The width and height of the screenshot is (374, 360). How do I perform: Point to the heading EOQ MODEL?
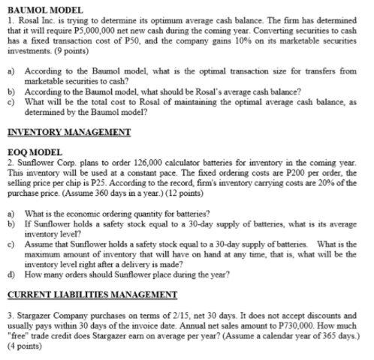35,151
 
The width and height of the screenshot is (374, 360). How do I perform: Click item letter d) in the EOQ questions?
11,274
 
